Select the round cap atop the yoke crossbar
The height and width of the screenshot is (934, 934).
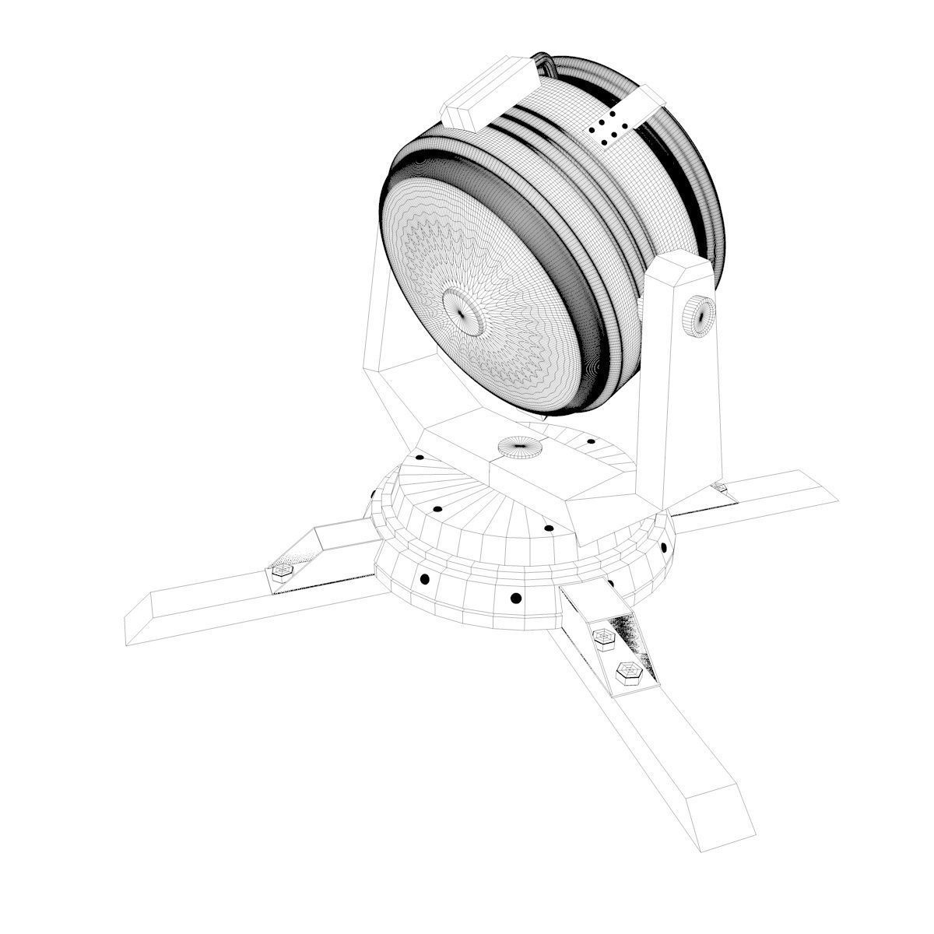point(519,448)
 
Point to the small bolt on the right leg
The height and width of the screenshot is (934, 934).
point(720,488)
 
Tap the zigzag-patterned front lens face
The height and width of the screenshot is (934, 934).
point(498,342)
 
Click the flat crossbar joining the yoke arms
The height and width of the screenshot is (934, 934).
point(537,467)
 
